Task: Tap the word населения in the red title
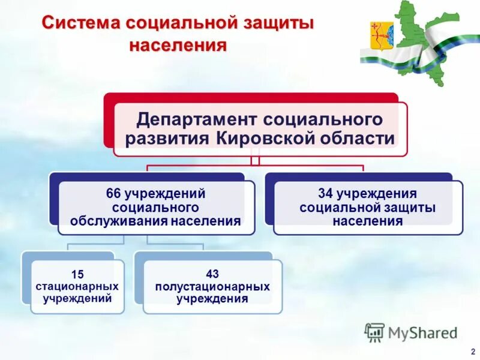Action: point(179,46)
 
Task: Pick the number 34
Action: point(325,194)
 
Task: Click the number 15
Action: point(77,274)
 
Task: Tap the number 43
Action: point(212,274)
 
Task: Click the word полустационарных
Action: point(212,286)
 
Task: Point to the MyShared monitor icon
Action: point(374,332)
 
